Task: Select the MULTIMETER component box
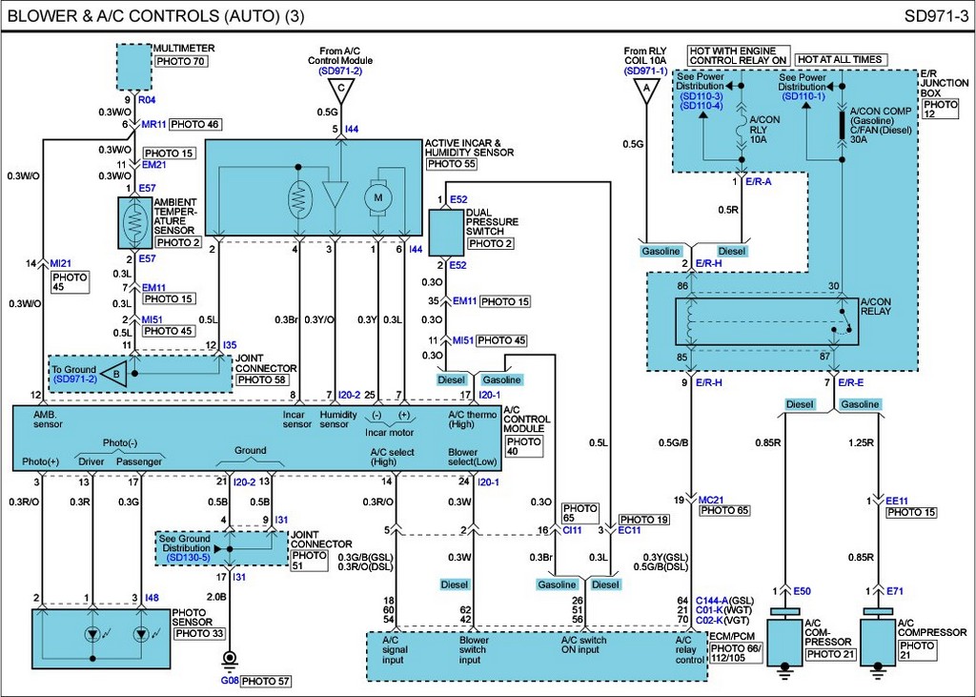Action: (x=134, y=65)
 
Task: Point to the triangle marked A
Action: (x=647, y=92)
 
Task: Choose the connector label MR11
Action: (x=152, y=124)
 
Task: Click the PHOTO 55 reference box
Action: (x=451, y=164)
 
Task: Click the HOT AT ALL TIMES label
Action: (x=840, y=59)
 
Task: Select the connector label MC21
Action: (x=712, y=500)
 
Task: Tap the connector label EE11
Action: (x=897, y=500)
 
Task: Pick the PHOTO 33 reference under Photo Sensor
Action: (x=199, y=633)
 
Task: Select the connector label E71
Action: (x=894, y=591)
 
